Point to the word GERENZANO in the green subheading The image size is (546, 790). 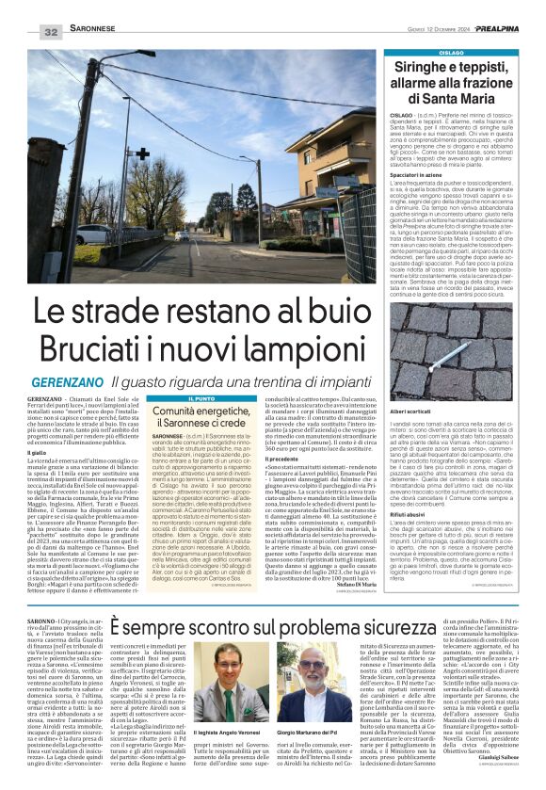[93, 383]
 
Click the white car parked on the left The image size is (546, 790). [91, 233]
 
